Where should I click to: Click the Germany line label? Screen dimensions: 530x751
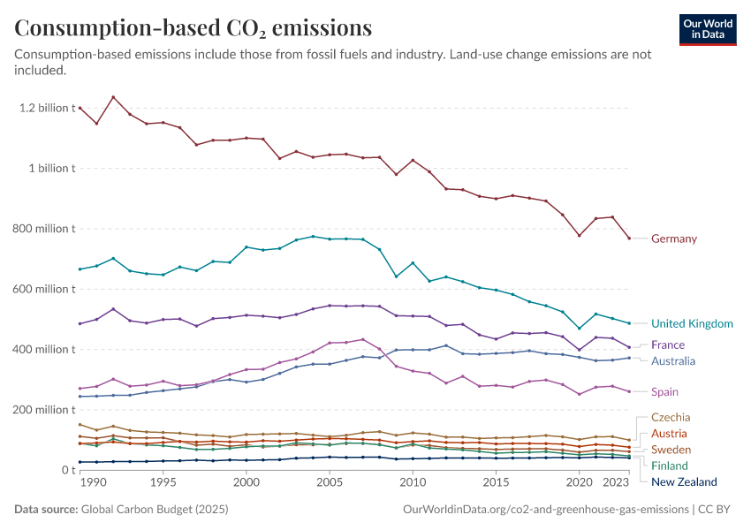(673, 238)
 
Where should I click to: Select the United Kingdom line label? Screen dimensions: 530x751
(692, 324)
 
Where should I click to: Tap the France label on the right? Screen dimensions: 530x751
(667, 345)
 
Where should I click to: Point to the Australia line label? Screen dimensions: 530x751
(673, 361)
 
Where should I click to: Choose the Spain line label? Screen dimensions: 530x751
(665, 392)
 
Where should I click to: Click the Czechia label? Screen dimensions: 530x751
(671, 418)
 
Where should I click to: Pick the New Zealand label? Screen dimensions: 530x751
(684, 482)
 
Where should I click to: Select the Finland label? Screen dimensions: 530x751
(670, 466)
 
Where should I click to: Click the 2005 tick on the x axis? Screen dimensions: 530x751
(330, 483)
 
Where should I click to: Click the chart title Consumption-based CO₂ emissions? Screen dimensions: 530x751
(193, 28)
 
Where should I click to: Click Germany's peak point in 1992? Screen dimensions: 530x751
(113, 97)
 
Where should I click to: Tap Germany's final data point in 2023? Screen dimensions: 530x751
(629, 238)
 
